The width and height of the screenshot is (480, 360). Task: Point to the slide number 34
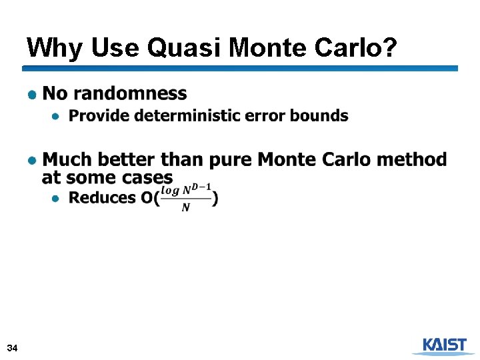(x=12, y=349)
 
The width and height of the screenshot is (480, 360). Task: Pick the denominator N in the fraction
(x=185, y=208)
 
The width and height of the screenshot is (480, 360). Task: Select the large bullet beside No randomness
(x=31, y=94)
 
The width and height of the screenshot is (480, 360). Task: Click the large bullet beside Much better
(x=31, y=160)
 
